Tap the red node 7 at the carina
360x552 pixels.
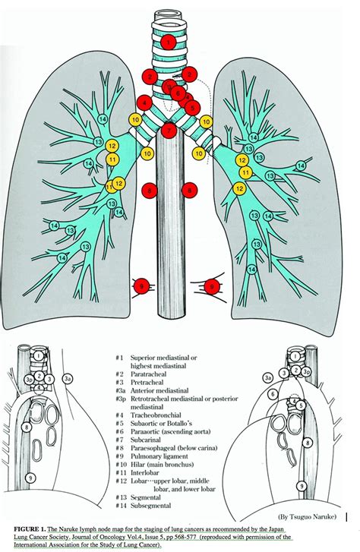[x=169, y=131]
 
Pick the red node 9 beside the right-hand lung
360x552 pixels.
[x=213, y=286]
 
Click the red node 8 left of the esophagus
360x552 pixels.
[x=150, y=189]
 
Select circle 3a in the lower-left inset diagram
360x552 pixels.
[x=68, y=377]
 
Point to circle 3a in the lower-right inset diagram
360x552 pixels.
[x=267, y=377]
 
